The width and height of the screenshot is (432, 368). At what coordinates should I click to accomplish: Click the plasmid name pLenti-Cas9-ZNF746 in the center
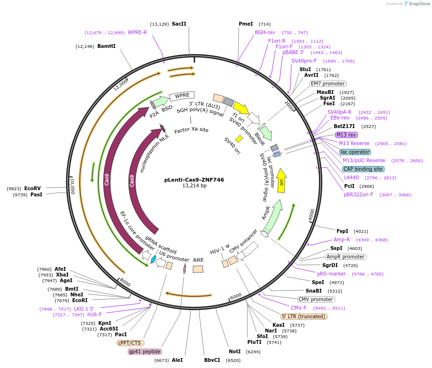[x=194, y=180]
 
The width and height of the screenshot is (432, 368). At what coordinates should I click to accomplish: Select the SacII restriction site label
[x=179, y=24]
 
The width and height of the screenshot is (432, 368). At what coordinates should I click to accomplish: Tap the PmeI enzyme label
[x=245, y=24]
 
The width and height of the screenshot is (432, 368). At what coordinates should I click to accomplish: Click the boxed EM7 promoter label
[x=328, y=83]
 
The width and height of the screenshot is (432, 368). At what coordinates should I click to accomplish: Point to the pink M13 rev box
[x=347, y=135]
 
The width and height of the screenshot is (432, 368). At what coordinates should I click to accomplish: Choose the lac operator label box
[x=355, y=152]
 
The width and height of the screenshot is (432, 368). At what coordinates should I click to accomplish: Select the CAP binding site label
[x=364, y=169]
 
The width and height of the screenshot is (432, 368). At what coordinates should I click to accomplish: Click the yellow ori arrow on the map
[x=281, y=181]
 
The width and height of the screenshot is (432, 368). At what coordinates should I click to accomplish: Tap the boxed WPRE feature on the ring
[x=182, y=96]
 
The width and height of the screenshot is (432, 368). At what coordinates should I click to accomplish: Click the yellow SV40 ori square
[x=239, y=138]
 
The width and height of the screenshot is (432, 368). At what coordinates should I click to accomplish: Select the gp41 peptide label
[x=145, y=351]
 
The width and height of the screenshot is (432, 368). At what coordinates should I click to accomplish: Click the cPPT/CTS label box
[x=131, y=343]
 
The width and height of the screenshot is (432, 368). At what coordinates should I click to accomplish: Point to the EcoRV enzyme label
[x=33, y=188]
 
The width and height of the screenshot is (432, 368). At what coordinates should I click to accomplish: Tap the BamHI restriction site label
[x=106, y=46]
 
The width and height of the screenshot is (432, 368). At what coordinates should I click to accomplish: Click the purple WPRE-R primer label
[x=137, y=32]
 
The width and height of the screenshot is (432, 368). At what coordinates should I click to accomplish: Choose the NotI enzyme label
[x=235, y=351]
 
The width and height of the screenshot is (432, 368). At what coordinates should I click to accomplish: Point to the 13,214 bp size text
[x=194, y=186]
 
